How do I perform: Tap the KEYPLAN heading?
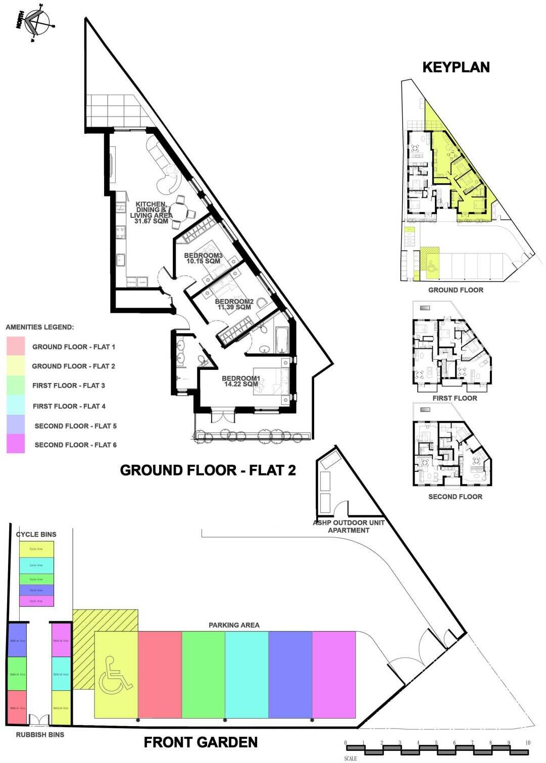coord(456,67)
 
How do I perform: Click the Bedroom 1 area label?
coord(241,381)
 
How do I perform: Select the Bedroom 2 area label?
coord(234,304)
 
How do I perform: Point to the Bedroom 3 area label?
coord(203,258)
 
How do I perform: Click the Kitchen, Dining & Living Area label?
coord(151,213)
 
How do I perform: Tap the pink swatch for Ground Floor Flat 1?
coord(16,346)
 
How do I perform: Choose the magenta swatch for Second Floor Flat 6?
coord(16,444)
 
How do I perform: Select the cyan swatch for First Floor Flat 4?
coord(16,405)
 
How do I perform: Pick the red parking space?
coord(160,674)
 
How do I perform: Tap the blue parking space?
coord(290,674)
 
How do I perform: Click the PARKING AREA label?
coord(234,625)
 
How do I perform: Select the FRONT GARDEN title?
coord(201,742)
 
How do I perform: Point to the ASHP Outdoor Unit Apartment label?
coord(349,526)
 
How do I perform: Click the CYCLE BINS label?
coord(36,534)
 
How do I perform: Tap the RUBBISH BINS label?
coord(40,735)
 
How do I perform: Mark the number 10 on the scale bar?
coord(527,743)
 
